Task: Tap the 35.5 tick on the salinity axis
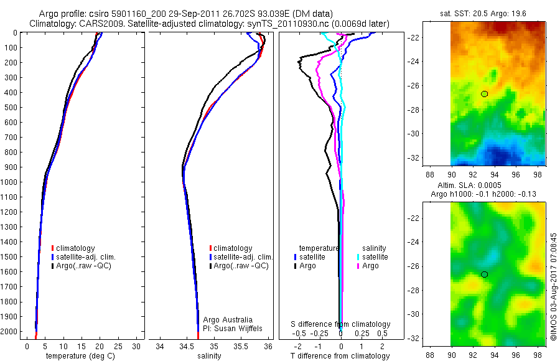click(x=241, y=346)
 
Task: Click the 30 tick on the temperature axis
click(x=137, y=346)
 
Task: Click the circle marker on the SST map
click(x=484, y=94)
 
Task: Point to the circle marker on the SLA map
click(x=484, y=274)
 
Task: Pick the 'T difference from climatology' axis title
click(x=340, y=356)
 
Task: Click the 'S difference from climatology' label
click(x=341, y=324)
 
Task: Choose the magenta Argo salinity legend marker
click(x=358, y=266)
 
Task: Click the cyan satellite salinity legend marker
click(x=358, y=256)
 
